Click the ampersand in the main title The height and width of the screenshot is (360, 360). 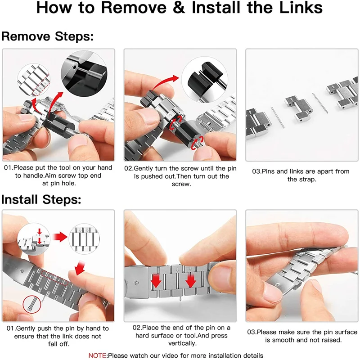[179, 7]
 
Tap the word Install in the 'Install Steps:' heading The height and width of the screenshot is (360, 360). [19, 199]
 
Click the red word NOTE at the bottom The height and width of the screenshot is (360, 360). [97, 355]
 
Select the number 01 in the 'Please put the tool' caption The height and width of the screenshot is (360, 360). [8, 167]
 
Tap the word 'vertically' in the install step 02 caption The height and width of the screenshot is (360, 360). [182, 343]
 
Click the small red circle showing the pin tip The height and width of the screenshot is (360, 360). [32, 305]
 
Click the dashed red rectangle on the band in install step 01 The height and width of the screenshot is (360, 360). [54, 278]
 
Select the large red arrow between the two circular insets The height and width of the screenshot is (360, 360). [60, 237]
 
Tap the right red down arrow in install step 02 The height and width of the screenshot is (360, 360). [190, 280]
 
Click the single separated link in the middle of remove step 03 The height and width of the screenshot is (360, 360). [298, 109]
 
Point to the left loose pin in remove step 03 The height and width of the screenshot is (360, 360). [278, 117]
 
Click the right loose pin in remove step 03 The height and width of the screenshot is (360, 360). [320, 103]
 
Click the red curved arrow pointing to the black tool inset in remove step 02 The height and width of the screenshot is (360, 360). [164, 83]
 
